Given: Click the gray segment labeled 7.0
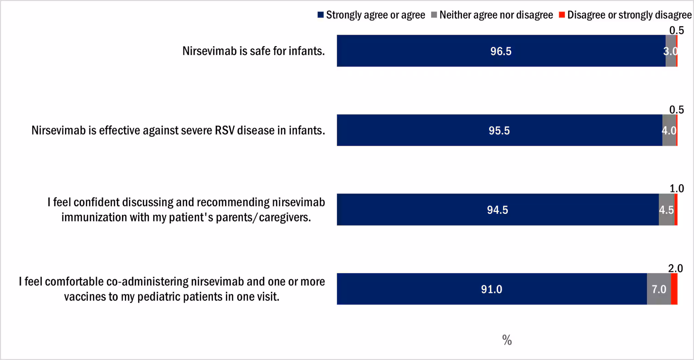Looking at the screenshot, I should coord(659,289).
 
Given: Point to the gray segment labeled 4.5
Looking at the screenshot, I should coord(666,209).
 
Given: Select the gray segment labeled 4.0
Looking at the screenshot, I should coord(669,130).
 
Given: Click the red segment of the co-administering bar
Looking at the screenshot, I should coord(674,289).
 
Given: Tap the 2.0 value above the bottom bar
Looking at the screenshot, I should coord(675,268).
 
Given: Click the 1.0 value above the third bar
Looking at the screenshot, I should coord(677,188).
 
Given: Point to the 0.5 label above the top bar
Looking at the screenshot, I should coord(676,31).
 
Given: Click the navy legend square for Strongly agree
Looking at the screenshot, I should coord(321,15).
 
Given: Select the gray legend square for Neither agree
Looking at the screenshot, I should coord(434,15).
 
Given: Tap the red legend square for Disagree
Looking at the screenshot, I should coord(562,15).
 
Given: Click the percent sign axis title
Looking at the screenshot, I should coord(507,340).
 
